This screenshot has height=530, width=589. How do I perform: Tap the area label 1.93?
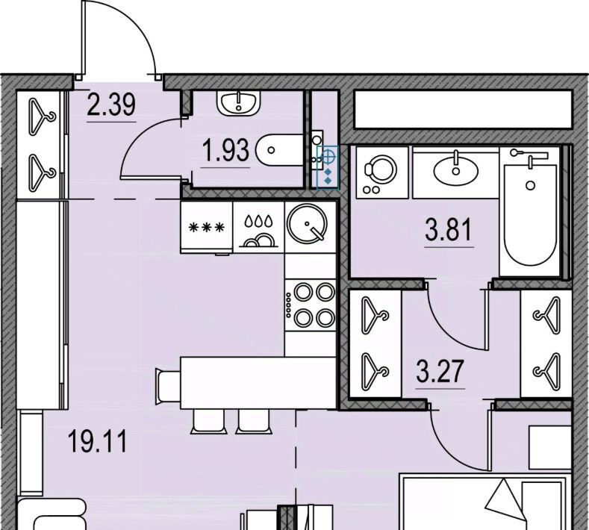tap(225, 150)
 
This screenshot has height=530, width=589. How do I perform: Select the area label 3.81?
tap(449, 230)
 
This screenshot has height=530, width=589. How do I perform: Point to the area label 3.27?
tap(440, 371)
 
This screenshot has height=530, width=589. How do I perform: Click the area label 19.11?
tap(97, 442)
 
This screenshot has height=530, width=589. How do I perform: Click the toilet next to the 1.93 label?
tap(279, 150)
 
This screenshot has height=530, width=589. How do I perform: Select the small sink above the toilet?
tap(239, 103)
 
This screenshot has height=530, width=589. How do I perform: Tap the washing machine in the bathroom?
tap(382, 172)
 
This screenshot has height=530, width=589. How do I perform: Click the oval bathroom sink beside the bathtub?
tap(456, 169)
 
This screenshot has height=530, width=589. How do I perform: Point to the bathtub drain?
tap(531, 185)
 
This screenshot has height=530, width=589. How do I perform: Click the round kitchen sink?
tap(307, 224)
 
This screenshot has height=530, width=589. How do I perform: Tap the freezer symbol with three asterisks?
tap(207, 227)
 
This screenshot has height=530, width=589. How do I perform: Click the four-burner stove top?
tap(311, 305)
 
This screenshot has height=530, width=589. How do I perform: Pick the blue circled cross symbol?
tap(328, 157)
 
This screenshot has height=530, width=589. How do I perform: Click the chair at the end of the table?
tap(168, 387)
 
